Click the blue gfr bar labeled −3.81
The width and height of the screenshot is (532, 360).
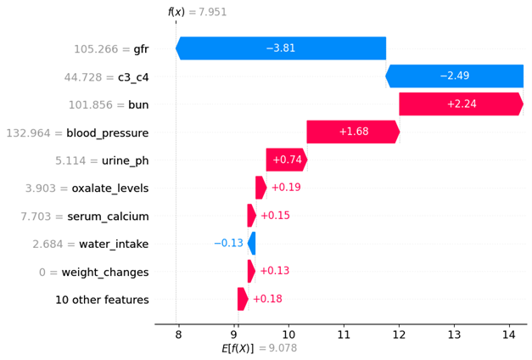pyautogui.click(x=281, y=48)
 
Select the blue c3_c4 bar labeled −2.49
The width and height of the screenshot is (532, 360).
pyautogui.click(x=455, y=76)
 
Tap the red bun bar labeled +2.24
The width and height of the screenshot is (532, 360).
pyautogui.click(x=460, y=104)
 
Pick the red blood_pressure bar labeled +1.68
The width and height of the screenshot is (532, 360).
pyautogui.click(x=353, y=132)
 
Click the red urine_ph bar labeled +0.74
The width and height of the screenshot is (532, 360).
pyautogui.click(x=286, y=160)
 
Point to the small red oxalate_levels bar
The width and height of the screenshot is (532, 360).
pyautogui.click(x=260, y=188)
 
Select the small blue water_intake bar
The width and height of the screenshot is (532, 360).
pyautogui.click(x=252, y=244)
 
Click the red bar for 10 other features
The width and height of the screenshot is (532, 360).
pyautogui.click(x=243, y=299)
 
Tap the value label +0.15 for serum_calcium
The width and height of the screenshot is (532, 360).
pyautogui.click(x=275, y=216)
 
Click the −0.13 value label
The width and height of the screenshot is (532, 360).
pyautogui.click(x=228, y=244)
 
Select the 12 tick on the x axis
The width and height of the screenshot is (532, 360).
pyautogui.click(x=399, y=334)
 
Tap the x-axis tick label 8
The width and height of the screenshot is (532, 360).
pyautogui.click(x=177, y=334)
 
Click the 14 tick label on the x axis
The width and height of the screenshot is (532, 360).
pyautogui.click(x=509, y=334)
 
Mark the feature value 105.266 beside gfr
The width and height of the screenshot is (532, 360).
pyautogui.click(x=102, y=49)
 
